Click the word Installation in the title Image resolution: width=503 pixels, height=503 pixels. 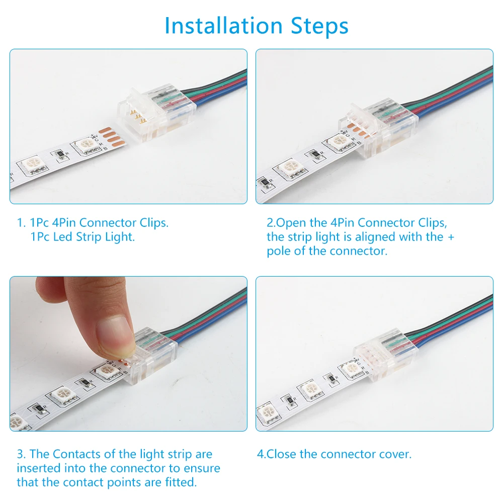click(x=224, y=25)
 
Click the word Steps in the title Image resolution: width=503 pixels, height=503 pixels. click(x=319, y=26)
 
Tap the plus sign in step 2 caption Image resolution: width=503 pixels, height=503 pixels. click(x=451, y=237)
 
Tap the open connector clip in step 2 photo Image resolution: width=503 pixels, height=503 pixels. click(x=378, y=131)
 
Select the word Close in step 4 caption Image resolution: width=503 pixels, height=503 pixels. click(x=282, y=454)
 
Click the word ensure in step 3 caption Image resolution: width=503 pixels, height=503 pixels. click(x=202, y=468)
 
